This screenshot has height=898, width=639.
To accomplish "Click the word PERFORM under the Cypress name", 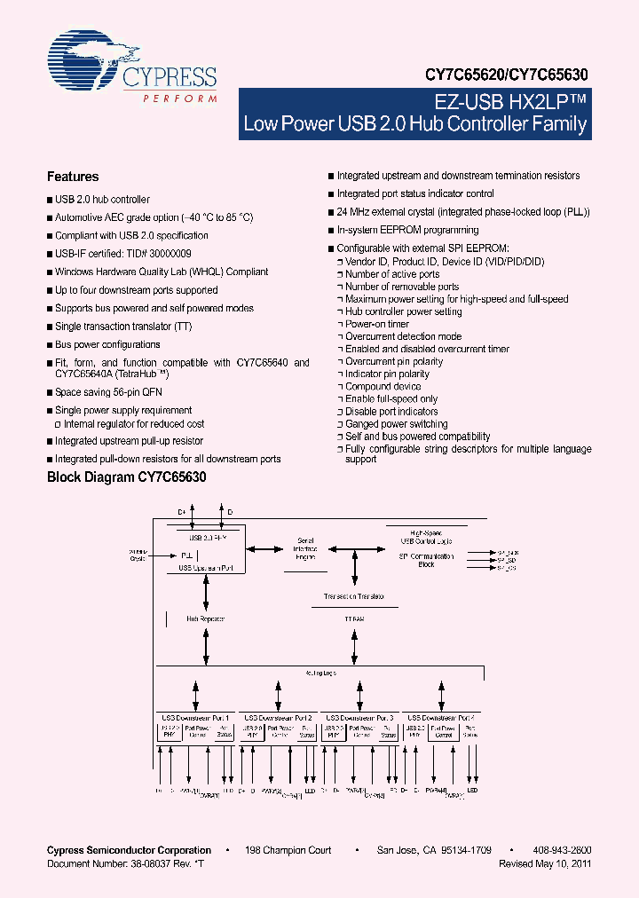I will pyautogui.click(x=180, y=98).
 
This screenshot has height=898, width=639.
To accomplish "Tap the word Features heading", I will pyautogui.click(x=73, y=177).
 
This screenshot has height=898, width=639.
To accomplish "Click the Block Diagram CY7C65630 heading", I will pyautogui.click(x=126, y=477).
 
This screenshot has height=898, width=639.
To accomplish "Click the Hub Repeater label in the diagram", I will pyautogui.click(x=205, y=618).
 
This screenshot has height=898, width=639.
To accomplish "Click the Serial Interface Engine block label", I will pyautogui.click(x=305, y=548).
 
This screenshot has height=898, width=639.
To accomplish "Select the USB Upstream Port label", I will pyautogui.click(x=205, y=567).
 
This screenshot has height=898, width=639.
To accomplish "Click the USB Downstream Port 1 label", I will pyautogui.click(x=195, y=717).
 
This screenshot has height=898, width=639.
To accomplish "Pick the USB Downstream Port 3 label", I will pyautogui.click(x=359, y=717).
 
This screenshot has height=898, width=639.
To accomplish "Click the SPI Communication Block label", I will pyautogui.click(x=426, y=560).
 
